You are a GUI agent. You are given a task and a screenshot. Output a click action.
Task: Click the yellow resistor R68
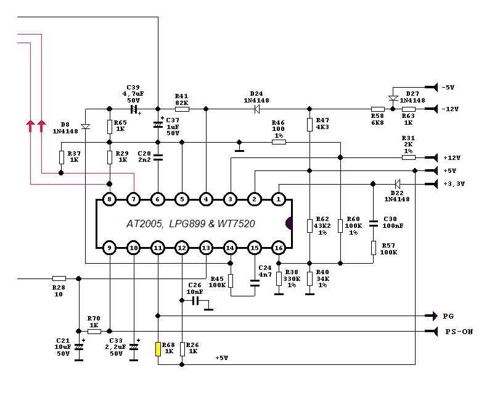pyautogui.click(x=158, y=349)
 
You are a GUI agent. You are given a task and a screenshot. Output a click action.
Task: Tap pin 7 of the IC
pyautogui.click(x=134, y=199)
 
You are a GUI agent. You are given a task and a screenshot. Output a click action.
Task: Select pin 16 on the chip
pyautogui.click(x=279, y=248)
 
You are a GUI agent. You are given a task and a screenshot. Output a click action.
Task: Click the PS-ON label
pyautogui.click(x=459, y=332)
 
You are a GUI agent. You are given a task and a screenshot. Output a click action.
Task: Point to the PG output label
pyautogui.click(x=448, y=316)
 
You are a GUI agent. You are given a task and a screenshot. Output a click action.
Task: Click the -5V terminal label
pyautogui.click(x=448, y=87)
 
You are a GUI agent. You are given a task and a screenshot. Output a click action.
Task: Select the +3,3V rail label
pyautogui.click(x=453, y=183)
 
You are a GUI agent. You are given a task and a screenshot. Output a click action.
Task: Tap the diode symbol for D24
pyautogui.click(x=255, y=109)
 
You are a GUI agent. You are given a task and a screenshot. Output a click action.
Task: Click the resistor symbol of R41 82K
pyautogui.click(x=182, y=109)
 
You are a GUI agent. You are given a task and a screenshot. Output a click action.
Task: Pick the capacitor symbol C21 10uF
pyautogui.click(x=78, y=348)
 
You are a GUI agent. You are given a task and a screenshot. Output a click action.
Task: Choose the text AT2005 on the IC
pyautogui.click(x=146, y=224)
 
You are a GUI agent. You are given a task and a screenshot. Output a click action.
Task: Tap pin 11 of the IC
pyautogui.click(x=158, y=248)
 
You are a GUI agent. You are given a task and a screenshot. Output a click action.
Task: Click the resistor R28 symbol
pyautogui.click(x=59, y=278)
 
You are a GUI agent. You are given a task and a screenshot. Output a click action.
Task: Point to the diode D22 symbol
pyautogui.click(x=397, y=183)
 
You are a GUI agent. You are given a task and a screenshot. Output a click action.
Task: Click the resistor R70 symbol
pyautogui.click(x=94, y=332)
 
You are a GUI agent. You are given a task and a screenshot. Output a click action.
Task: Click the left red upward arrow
pyautogui.click(x=30, y=127)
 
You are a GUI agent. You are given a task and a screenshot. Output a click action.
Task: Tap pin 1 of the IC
pyautogui.click(x=279, y=199)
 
